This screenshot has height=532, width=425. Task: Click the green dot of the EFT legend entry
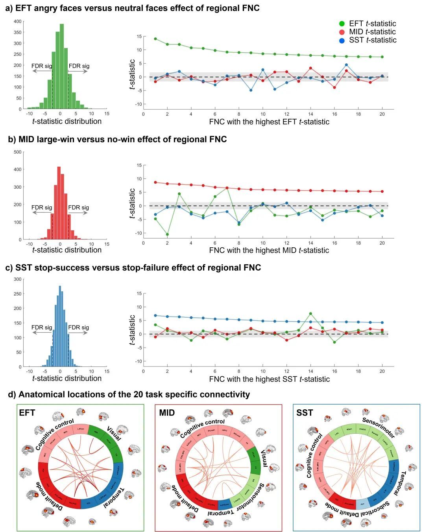342,24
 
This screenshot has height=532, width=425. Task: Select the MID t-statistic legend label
372,32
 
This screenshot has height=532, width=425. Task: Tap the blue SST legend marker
342,40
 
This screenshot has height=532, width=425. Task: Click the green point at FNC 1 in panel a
155,39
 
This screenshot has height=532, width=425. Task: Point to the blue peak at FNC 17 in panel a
346,65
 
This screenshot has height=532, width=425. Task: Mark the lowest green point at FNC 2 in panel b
167,234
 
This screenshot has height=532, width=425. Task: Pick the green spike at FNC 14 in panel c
310,314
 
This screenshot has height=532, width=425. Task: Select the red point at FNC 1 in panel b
155,182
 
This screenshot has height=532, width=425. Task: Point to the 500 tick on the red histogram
18,152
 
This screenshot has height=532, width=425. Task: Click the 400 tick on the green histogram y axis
18,22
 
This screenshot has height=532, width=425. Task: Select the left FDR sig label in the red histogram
42,208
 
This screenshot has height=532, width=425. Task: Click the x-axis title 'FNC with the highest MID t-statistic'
269,250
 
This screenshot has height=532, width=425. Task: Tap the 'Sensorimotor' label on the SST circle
378,427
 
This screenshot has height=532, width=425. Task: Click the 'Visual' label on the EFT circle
114,434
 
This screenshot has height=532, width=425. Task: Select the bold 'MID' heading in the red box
167,413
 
